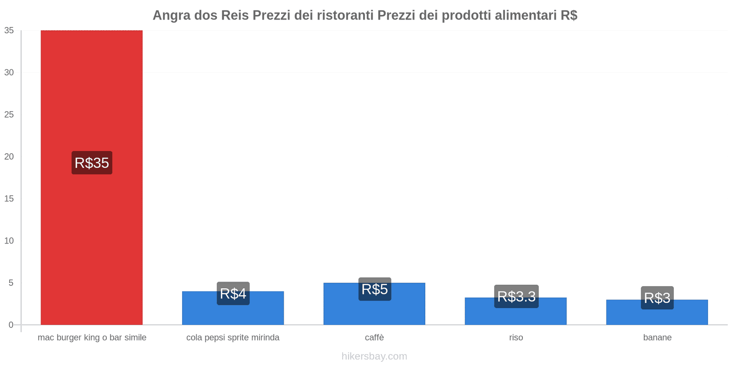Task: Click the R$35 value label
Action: (x=92, y=163)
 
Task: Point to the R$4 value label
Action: (x=233, y=293)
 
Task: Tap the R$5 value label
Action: (x=375, y=289)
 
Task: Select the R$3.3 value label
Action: (x=516, y=297)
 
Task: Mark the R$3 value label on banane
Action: (x=657, y=298)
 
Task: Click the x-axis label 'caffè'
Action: (x=374, y=338)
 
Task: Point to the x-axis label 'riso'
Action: (x=516, y=338)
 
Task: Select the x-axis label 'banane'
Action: (x=657, y=338)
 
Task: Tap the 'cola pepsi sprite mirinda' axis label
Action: (x=233, y=338)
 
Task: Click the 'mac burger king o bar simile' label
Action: (x=92, y=338)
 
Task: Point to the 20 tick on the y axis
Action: (x=9, y=156)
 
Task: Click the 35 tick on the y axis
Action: (x=9, y=31)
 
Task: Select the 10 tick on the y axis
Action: (x=9, y=241)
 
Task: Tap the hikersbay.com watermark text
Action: (x=374, y=356)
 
